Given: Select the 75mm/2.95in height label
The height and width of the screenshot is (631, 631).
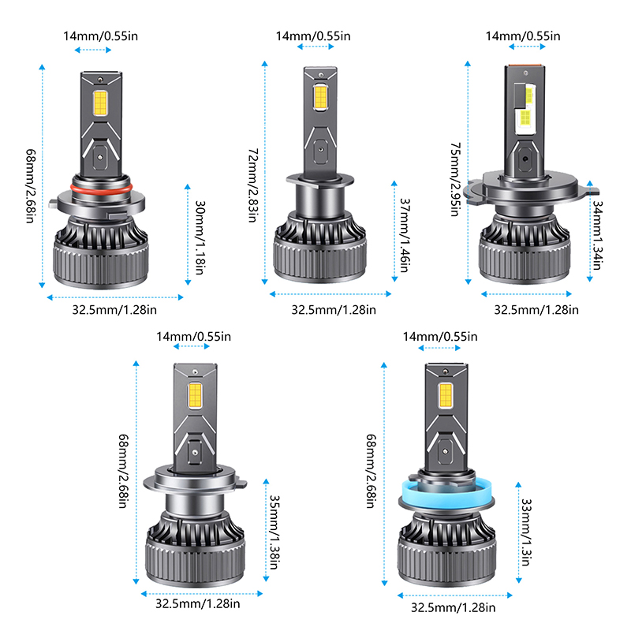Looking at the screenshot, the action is point(455,179).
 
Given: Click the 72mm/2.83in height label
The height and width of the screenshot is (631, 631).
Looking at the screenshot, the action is point(252,185).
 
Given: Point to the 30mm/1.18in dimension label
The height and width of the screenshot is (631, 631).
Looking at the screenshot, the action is point(200,237).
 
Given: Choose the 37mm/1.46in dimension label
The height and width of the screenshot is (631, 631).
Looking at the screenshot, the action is point(405,235).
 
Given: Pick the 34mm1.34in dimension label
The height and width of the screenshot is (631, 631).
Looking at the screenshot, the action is point(598,235).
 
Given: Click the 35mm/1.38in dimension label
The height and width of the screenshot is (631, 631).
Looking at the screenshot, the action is point(274,532).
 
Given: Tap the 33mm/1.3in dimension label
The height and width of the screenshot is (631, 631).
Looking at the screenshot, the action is point(526,532).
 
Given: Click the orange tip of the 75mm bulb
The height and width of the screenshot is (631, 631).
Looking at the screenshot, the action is point(525,65).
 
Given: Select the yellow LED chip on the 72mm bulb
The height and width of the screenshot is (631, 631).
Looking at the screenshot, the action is point(320,97).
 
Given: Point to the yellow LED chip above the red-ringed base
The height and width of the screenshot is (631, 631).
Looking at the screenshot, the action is point(100,103).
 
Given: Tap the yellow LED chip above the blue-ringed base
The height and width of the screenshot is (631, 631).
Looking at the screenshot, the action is point(446,395).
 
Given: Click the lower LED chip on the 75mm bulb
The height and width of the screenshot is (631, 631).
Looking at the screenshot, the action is point(525,118).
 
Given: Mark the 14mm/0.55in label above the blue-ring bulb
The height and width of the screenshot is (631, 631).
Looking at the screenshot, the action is point(440,337).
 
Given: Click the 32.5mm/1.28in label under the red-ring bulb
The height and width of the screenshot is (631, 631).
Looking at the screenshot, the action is point(114,310).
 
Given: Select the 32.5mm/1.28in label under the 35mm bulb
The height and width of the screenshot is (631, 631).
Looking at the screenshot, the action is point(198,603).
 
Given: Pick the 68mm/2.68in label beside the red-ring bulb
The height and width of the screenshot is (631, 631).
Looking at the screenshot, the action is point(31,186).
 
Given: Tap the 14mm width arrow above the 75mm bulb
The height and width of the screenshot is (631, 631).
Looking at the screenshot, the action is point(527,47).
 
